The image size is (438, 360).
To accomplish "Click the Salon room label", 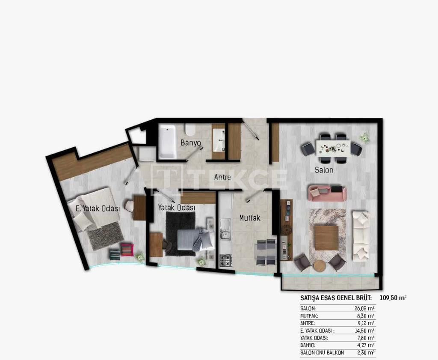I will pos(324,170).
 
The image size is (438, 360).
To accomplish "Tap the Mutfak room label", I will pos(250,218).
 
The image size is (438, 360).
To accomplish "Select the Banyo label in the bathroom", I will pos(190,143).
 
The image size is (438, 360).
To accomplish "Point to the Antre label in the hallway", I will pos(222,177).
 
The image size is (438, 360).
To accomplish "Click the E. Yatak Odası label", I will pos(97,208).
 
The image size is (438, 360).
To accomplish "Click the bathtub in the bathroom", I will pos(167,141).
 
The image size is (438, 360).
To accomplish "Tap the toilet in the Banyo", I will pos(190,129).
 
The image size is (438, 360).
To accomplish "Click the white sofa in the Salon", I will pos(361,236).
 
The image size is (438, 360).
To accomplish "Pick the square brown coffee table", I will pos(326,238).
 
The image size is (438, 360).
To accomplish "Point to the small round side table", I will pos(320,266).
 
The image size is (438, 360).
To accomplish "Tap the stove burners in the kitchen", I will pos(225,259).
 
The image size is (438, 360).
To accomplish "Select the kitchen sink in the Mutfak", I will pos(225,231).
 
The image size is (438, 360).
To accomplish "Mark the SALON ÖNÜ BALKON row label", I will pos(322,353).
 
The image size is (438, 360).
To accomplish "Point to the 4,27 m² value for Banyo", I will pos(366,345).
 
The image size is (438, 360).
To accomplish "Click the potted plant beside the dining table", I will pos(364,137).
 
